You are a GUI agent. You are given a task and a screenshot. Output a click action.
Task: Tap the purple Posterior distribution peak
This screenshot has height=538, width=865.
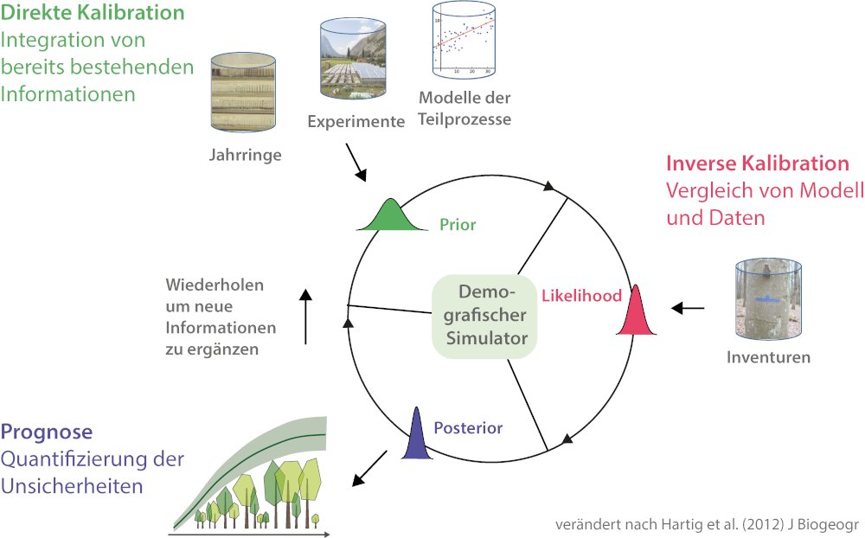click(x=416, y=438)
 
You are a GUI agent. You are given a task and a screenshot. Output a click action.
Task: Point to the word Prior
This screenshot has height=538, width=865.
click(x=458, y=225)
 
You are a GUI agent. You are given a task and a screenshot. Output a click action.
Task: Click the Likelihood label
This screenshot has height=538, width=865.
click(x=581, y=296)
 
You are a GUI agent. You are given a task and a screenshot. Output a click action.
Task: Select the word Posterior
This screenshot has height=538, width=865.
click(x=468, y=427)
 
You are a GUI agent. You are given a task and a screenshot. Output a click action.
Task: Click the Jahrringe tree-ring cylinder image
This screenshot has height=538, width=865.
click(x=246, y=95)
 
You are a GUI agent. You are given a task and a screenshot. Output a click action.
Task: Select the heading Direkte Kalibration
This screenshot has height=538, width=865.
click(x=93, y=14)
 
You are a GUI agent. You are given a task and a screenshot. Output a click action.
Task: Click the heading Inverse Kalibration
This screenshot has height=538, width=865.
click(x=757, y=163)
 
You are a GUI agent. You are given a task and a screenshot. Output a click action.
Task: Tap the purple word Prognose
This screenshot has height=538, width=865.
click(x=47, y=432)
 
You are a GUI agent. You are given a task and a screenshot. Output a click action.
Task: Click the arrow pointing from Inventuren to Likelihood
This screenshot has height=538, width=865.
click(x=689, y=308)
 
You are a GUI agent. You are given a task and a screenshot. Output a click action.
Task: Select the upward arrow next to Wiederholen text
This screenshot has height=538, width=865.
click(x=305, y=317)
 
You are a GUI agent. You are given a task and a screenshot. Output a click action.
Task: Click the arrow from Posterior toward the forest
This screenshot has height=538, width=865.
click(x=369, y=467)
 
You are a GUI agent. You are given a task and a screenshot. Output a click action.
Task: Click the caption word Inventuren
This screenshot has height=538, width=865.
click(x=768, y=357)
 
